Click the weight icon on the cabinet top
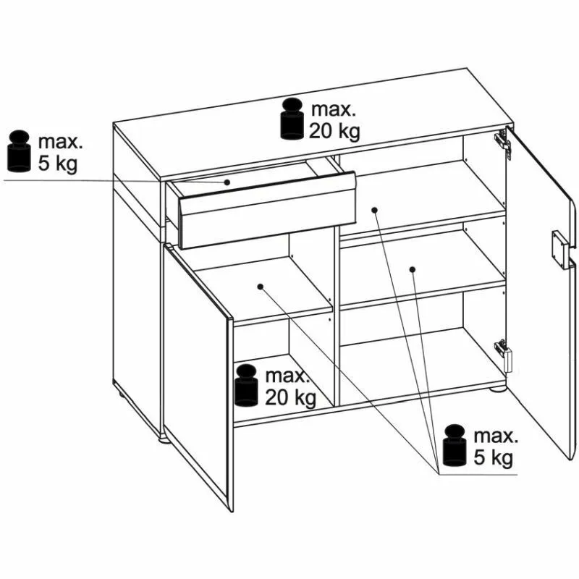[292, 119]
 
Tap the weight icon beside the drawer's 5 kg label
[19, 151]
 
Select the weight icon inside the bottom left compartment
[246, 385]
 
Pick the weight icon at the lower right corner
[455, 446]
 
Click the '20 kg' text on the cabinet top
[334, 131]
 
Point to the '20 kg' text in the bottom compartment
[291, 397]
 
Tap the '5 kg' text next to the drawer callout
[58, 163]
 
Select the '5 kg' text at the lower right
[494, 458]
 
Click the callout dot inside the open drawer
[227, 182]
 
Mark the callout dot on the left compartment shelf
[261, 287]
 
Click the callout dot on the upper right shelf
[374, 210]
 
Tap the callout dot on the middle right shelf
[413, 269]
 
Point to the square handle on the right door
[559, 248]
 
